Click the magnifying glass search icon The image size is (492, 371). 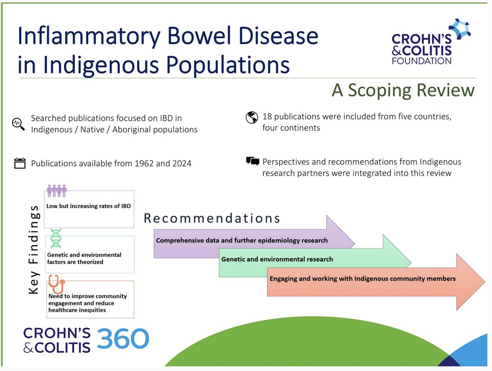click(18, 124)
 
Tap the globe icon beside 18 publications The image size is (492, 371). click(251, 117)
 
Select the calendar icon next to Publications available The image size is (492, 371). click(20, 163)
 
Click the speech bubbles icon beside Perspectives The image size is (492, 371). click(252, 161)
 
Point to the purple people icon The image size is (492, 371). click(57, 191)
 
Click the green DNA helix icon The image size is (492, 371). click(56, 238)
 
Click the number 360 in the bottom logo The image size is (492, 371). click(123, 339)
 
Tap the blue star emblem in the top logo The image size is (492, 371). click(459, 29)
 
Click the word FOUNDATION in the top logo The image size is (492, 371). click(421, 60)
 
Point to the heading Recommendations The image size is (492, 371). click(212, 218)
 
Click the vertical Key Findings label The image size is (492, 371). click(33, 249)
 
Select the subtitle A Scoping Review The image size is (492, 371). click(403, 90)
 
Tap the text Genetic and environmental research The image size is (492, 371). click(277, 259)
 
